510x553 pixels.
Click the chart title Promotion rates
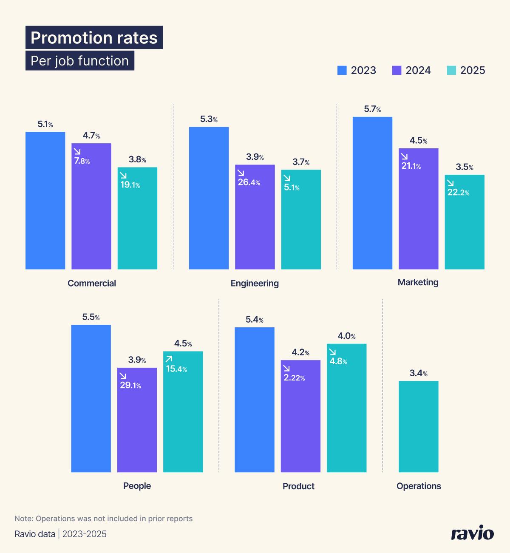click(x=94, y=38)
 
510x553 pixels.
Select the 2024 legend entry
click(x=411, y=71)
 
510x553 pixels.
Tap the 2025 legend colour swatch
click(x=451, y=71)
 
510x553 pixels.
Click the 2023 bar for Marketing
click(x=372, y=193)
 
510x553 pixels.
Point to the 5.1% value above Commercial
click(x=45, y=125)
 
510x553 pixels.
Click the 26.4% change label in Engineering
click(x=249, y=183)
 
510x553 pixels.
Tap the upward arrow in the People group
click(x=169, y=359)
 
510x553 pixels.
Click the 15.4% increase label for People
click(x=176, y=369)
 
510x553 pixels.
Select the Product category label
click(x=298, y=486)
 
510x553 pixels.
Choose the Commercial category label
click(x=92, y=284)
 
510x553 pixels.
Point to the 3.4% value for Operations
click(x=418, y=373)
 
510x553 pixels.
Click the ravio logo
click(x=472, y=533)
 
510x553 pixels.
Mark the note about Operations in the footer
click(x=103, y=519)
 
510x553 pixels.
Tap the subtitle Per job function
click(x=79, y=61)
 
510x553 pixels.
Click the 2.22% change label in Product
click(x=294, y=378)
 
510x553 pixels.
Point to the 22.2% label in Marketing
click(x=458, y=193)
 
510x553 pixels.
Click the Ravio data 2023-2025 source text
click(x=60, y=534)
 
